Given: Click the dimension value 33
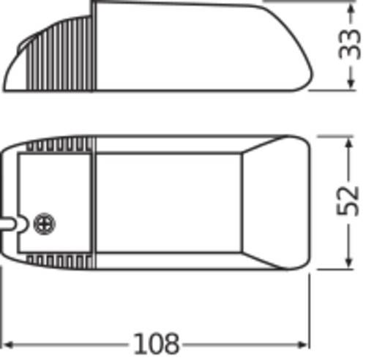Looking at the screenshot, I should pyautogui.click(x=352, y=44).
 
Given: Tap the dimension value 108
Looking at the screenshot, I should pyautogui.click(x=157, y=342).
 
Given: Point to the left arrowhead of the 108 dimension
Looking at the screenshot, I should pyautogui.click(x=9, y=342).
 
